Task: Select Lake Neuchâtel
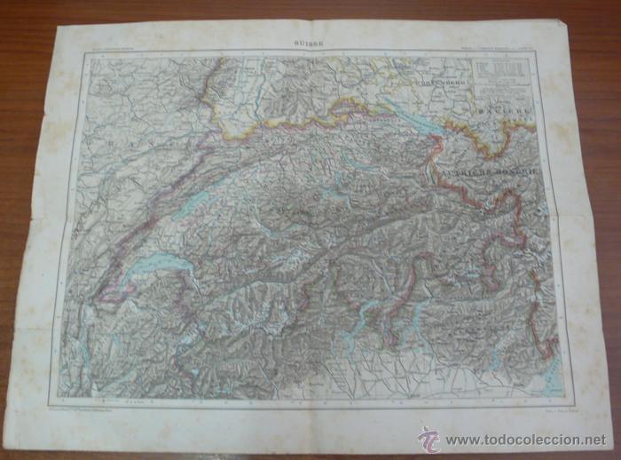point(191,201)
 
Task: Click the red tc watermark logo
point(430,439)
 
